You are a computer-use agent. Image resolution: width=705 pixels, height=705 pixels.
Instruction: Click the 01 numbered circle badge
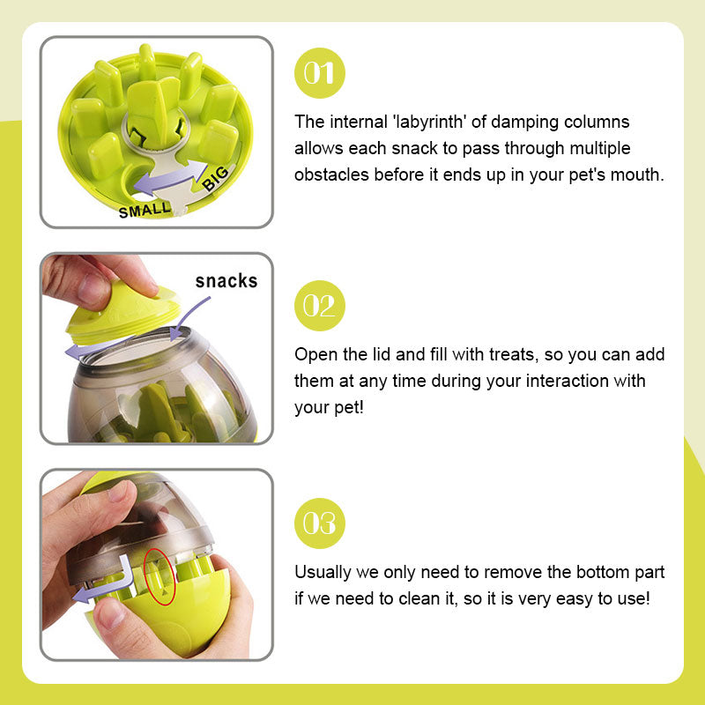click(320, 73)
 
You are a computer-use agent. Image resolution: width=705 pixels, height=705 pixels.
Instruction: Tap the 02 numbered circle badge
click(320, 306)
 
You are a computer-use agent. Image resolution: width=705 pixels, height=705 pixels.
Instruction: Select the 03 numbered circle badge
click(320, 523)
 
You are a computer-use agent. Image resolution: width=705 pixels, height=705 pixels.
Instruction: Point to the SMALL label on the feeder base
click(145, 210)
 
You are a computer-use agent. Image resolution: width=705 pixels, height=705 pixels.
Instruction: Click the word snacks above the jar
click(226, 281)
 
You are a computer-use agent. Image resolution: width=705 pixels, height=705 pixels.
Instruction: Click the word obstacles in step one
click(331, 174)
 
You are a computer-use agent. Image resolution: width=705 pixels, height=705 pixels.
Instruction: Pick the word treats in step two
click(514, 355)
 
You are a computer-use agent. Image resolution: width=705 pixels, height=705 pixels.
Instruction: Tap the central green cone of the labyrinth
click(152, 113)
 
